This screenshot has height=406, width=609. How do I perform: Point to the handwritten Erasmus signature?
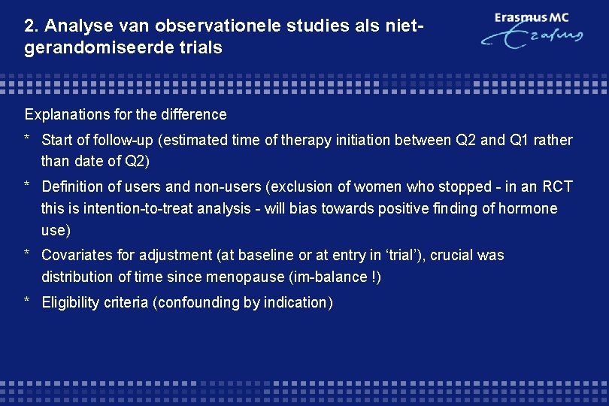(x=532, y=37)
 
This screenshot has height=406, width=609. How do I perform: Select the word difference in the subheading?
(x=193, y=115)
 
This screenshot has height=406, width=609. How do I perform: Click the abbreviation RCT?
(x=557, y=186)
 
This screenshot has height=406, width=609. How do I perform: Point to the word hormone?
(x=530, y=208)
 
